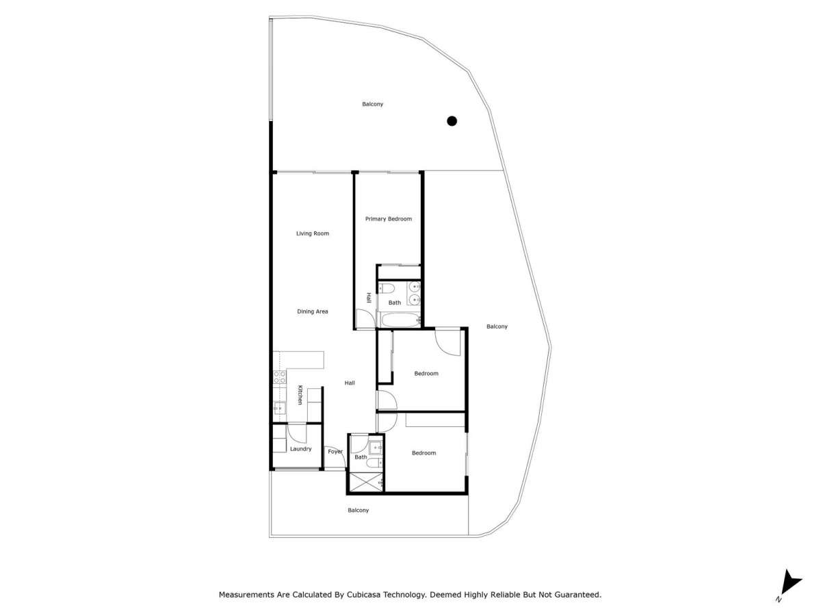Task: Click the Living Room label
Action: (x=312, y=233)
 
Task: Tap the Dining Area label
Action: (x=312, y=311)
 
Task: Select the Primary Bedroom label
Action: (x=388, y=219)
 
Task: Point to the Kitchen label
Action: (x=300, y=395)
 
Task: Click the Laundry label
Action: (x=300, y=449)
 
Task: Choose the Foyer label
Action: (x=335, y=452)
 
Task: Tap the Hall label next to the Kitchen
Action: (x=350, y=383)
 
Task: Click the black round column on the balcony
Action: (x=452, y=121)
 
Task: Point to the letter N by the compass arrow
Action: (x=779, y=599)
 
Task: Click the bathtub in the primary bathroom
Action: (x=400, y=320)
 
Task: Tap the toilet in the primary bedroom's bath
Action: (x=387, y=288)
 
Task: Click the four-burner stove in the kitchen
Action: (x=279, y=376)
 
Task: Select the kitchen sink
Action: (x=279, y=408)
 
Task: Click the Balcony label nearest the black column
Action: (x=372, y=104)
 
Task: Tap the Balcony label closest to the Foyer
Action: (x=358, y=510)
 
